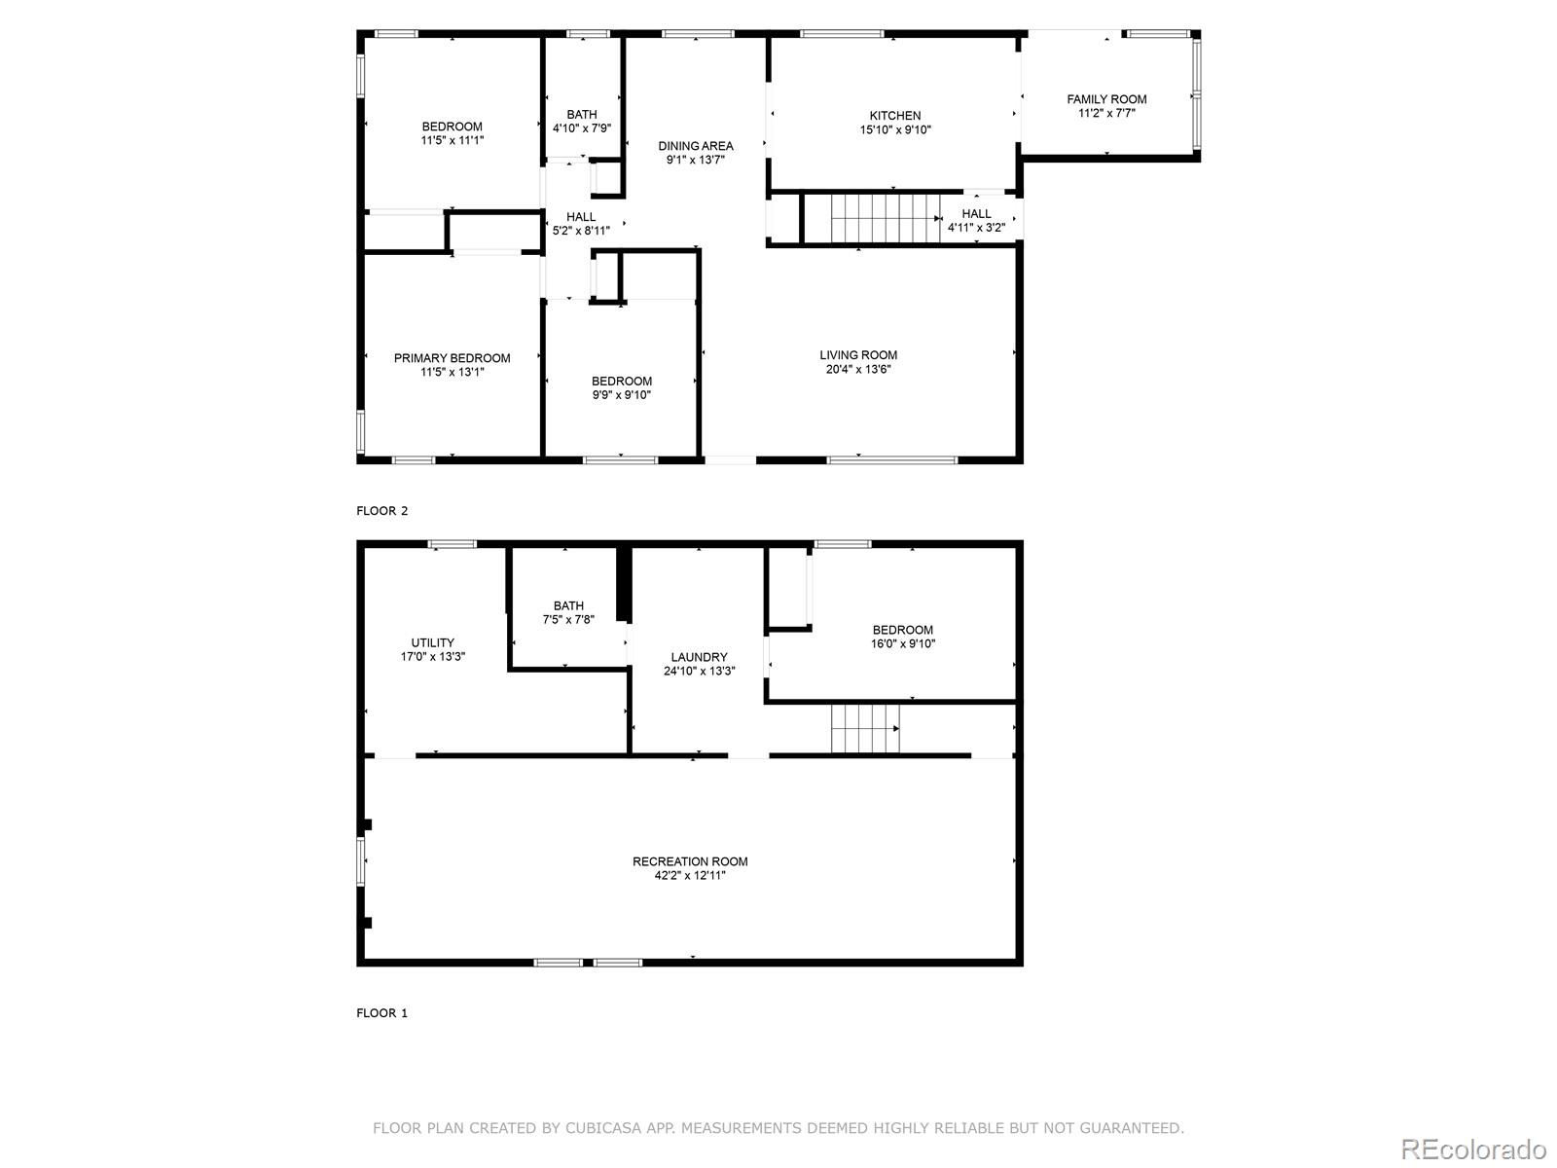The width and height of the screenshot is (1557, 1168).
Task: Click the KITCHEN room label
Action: click(894, 116)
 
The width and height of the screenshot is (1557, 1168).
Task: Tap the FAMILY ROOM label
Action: click(1106, 99)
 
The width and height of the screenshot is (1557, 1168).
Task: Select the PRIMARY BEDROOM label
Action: click(452, 358)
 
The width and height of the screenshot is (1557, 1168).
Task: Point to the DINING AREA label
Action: click(696, 146)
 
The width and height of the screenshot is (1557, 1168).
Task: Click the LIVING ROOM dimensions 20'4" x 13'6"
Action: click(857, 370)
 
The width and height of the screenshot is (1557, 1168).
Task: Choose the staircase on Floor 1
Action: click(864, 729)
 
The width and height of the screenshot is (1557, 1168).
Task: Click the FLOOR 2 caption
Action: click(382, 511)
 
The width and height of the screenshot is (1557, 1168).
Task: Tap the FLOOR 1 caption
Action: click(382, 1013)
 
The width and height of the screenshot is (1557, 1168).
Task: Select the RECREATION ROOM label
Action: click(690, 861)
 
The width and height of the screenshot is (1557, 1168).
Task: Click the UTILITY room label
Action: click(432, 642)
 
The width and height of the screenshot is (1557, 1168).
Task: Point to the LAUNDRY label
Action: click(699, 657)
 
